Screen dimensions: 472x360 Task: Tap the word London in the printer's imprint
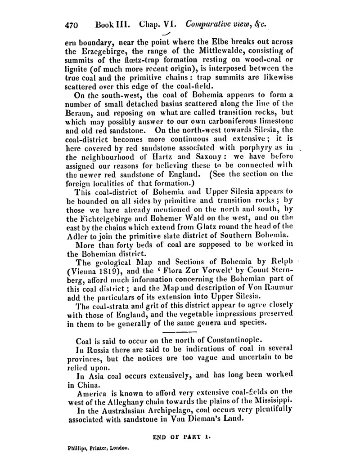coord(116,448)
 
